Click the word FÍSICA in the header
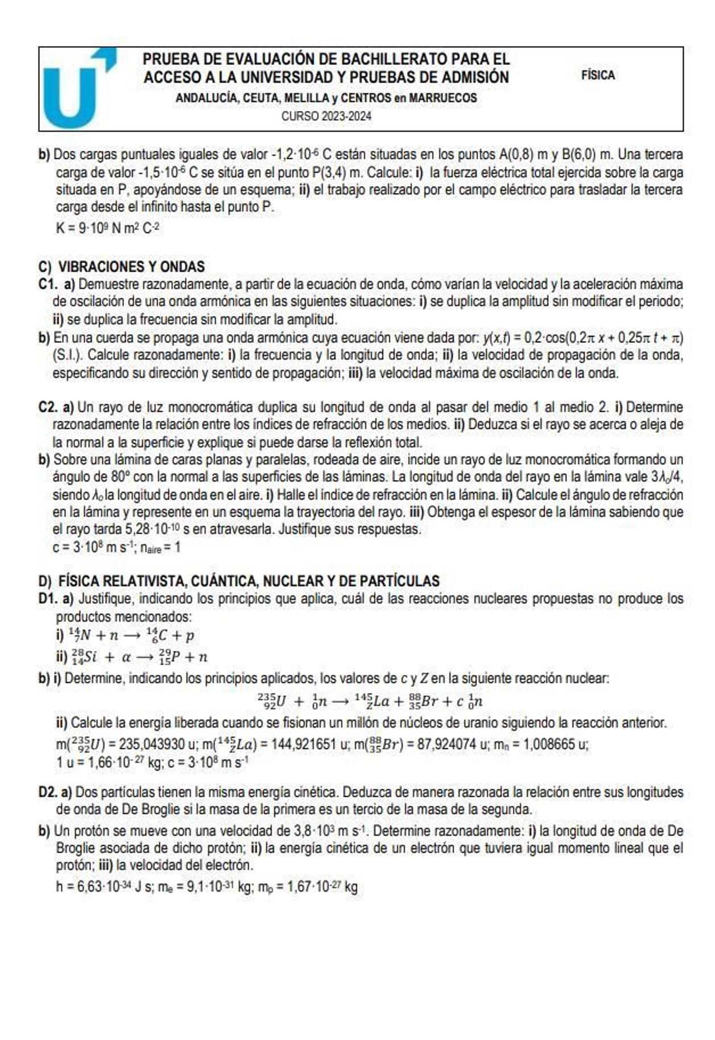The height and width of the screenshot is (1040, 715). click(x=597, y=75)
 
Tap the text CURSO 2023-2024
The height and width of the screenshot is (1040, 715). click(x=326, y=116)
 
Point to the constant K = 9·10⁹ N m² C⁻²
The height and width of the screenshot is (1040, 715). click(x=108, y=228)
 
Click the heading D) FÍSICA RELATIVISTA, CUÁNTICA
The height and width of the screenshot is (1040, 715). click(x=239, y=581)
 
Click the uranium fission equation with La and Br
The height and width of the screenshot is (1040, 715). click(x=370, y=701)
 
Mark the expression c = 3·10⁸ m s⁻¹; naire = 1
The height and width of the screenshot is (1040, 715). click(x=116, y=547)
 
